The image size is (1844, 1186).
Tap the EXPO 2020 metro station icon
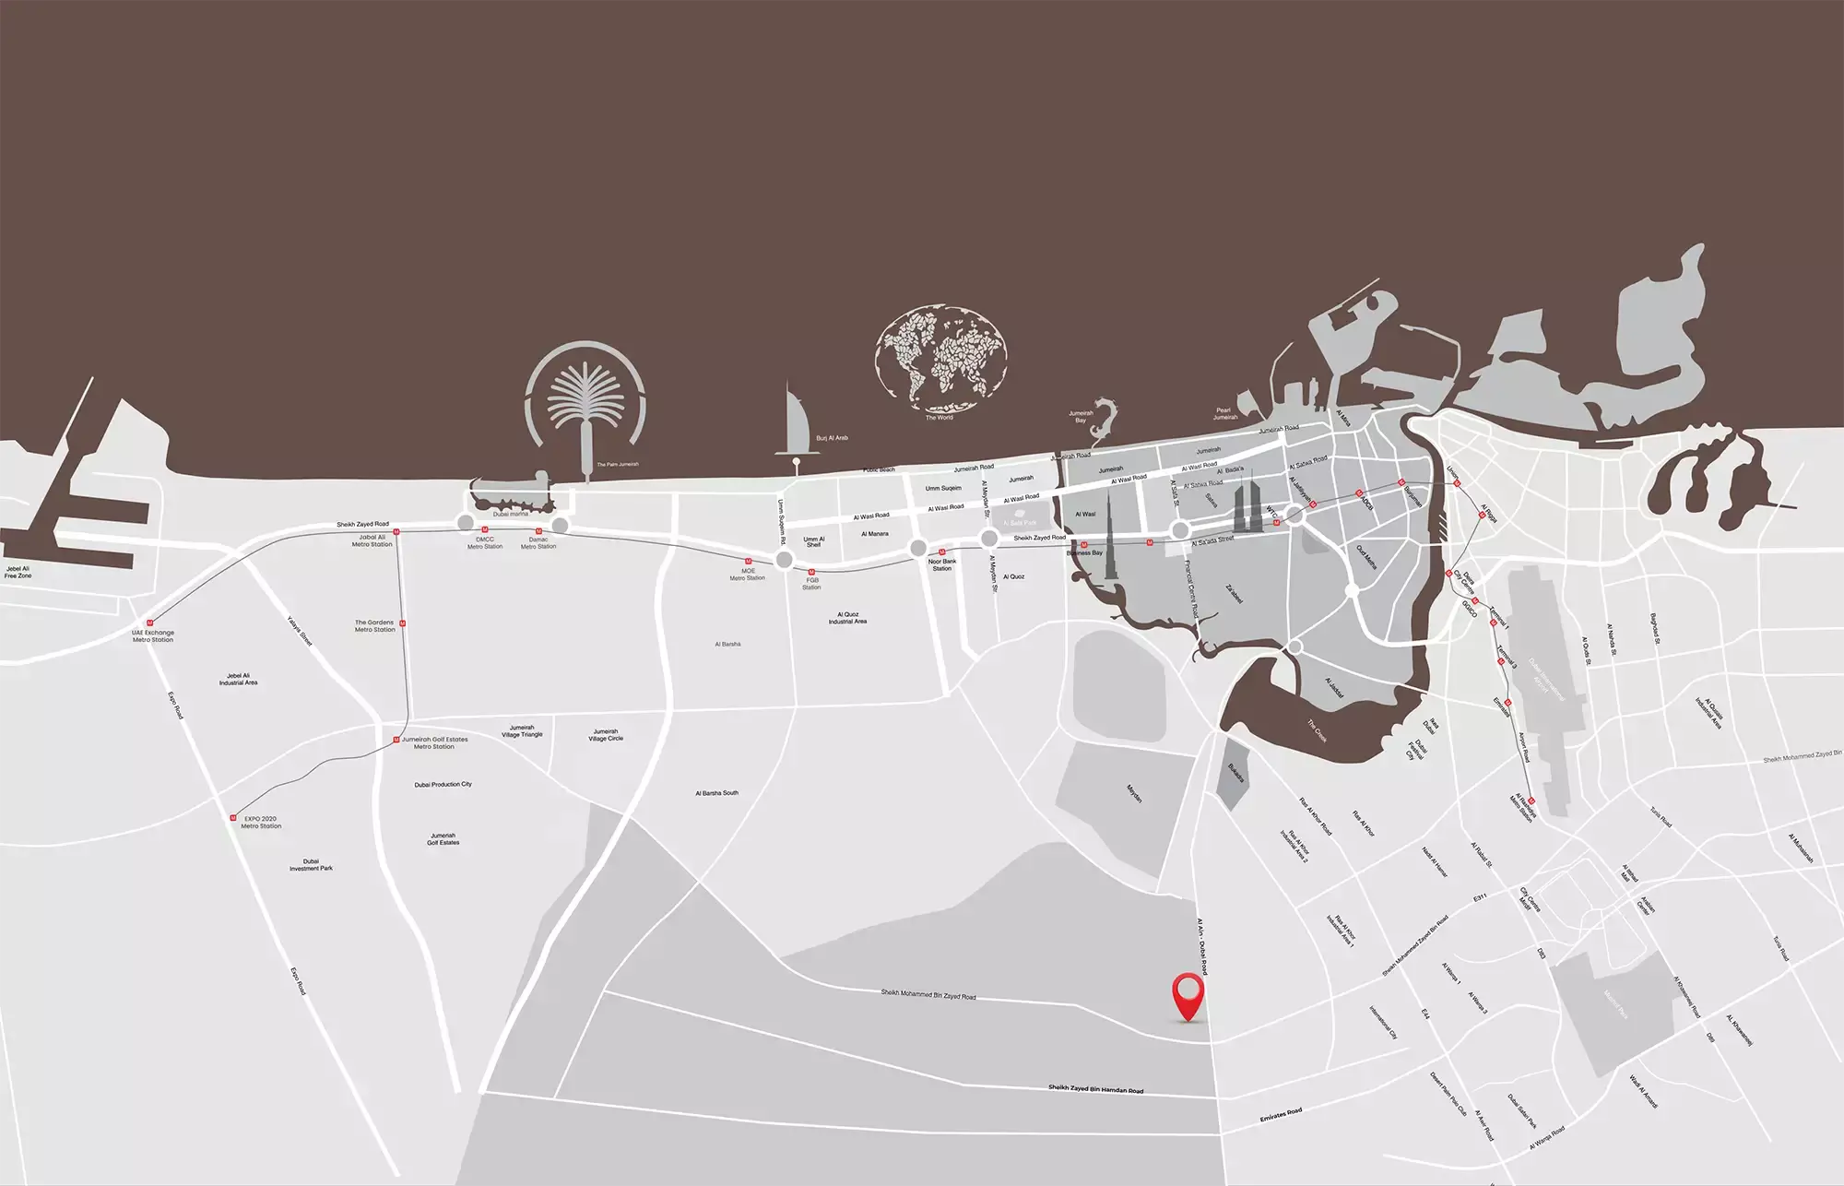233,817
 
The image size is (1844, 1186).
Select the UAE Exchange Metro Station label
153,636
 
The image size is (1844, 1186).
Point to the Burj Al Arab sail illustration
796,425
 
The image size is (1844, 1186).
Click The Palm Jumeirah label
617,464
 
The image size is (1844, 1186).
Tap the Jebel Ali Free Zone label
18,572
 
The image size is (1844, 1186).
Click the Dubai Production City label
443,785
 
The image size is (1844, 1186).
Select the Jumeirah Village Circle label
606,735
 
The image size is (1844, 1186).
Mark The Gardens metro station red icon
403,624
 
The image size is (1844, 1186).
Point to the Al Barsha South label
716,793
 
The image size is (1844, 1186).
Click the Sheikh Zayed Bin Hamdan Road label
1095,1089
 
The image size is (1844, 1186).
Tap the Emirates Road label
1281,1115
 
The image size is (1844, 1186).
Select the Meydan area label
1134,793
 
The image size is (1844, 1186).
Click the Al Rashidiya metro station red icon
1531,801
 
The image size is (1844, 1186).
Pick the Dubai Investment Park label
311,865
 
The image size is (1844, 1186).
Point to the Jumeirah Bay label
1081,417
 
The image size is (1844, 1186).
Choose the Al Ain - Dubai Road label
1201,946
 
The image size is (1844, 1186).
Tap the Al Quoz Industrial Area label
847,618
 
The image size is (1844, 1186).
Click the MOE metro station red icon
748,561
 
